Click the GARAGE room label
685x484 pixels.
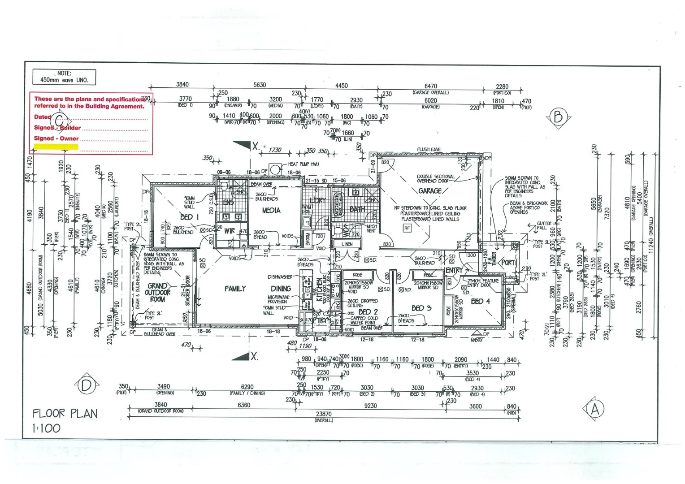click(x=429, y=191)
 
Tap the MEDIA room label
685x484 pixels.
click(x=271, y=210)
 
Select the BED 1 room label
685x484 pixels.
click(x=189, y=217)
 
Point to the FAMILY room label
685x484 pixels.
click(x=235, y=289)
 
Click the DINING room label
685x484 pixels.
click(x=281, y=289)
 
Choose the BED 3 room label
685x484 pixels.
click(x=421, y=308)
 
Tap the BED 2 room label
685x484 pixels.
click(x=368, y=312)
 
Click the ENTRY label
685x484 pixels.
click(x=454, y=270)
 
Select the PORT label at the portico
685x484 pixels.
click(x=508, y=263)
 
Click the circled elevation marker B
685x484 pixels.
click(x=558, y=117)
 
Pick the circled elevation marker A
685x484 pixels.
click(x=595, y=409)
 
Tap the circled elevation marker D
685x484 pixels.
click(x=86, y=385)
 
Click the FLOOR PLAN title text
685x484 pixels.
click(x=65, y=413)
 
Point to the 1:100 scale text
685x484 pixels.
click(x=46, y=428)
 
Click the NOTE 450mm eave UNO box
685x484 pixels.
click(x=64, y=77)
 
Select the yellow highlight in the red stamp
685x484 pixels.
click(x=56, y=147)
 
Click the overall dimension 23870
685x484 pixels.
click(x=324, y=415)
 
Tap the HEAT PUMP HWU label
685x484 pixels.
click(x=303, y=164)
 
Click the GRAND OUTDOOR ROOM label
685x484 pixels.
click(x=157, y=292)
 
